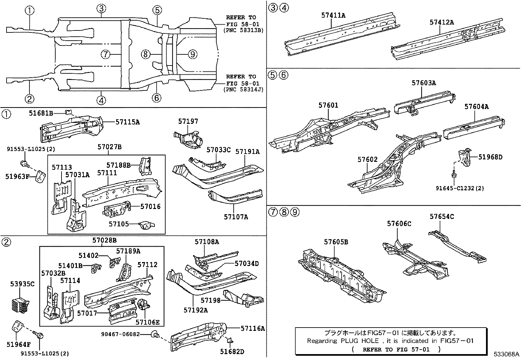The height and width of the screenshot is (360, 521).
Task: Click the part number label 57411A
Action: point(333,15)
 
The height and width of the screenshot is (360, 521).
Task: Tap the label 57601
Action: point(328,105)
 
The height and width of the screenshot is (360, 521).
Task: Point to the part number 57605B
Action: point(336,242)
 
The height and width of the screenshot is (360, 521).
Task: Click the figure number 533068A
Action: point(507,354)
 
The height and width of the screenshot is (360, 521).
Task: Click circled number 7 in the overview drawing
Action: point(105,54)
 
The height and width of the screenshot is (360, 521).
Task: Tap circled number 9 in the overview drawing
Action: point(192,54)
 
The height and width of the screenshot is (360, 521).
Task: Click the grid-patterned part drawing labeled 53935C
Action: point(21,305)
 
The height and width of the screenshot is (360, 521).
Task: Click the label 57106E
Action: point(147,322)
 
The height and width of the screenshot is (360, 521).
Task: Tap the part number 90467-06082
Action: point(120,334)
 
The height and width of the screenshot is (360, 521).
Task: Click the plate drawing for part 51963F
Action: point(40,177)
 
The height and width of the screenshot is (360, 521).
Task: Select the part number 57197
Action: point(188,122)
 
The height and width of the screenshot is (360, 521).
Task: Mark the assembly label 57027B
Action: point(109,147)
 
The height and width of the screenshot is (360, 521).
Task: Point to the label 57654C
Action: point(441,217)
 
